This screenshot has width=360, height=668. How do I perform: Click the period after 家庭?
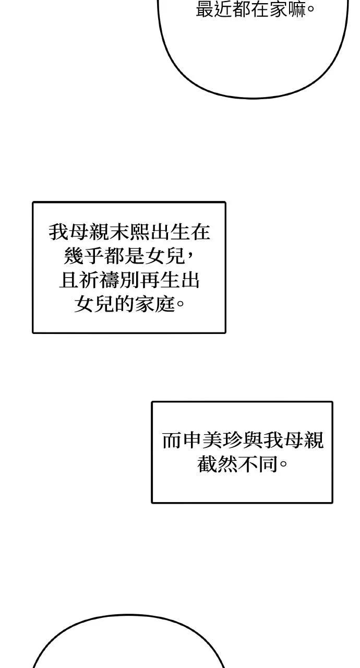tap(181, 304)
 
